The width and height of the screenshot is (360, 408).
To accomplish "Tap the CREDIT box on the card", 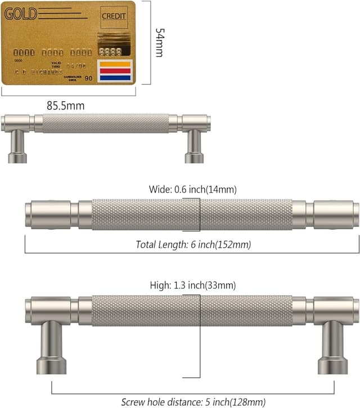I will pyautogui.click(x=114, y=17).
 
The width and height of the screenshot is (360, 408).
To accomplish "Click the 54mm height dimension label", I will pyautogui.click(x=160, y=43).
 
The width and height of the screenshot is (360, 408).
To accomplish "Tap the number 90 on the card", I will pyautogui.click(x=88, y=78).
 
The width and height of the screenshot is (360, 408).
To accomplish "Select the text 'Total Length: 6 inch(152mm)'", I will pyautogui.click(x=193, y=244).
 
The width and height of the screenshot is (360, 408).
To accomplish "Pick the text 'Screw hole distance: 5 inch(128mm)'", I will pyautogui.click(x=193, y=402).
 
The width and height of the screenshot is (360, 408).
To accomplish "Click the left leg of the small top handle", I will pyautogui.click(x=17, y=146).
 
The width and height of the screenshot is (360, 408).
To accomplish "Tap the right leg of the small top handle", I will pyautogui.click(x=194, y=146).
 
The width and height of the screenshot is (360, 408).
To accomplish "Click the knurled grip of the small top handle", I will pyautogui.click(x=106, y=123).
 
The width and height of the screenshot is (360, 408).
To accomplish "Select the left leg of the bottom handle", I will pyautogui.click(x=52, y=347).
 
